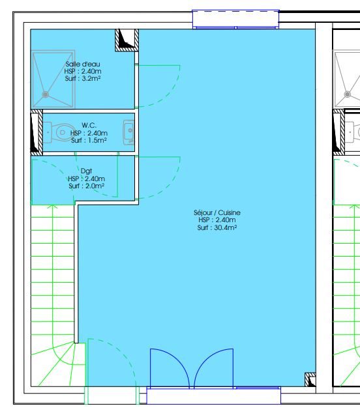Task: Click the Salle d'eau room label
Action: pos(83,64)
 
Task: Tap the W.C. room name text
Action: pos(89,125)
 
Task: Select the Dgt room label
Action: pos(86,171)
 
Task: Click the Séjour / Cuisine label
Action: pos(217,212)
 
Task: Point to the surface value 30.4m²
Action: pos(226,227)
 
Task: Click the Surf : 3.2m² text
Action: pos(83,78)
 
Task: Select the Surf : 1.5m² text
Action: pos(89,140)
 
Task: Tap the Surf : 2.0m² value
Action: pos(86,186)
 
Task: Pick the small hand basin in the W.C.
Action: pos(129,132)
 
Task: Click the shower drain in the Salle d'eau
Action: pos(45,94)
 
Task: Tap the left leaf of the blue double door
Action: pos(170,369)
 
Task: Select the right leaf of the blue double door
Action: pos(213,369)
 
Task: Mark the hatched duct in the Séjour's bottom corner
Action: pos(310,379)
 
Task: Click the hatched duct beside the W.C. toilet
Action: pos(37,132)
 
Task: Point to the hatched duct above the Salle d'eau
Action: pos(127,40)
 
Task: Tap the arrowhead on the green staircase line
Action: pos(53,207)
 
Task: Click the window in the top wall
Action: pos(235,19)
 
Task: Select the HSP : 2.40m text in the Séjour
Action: pos(217,220)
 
